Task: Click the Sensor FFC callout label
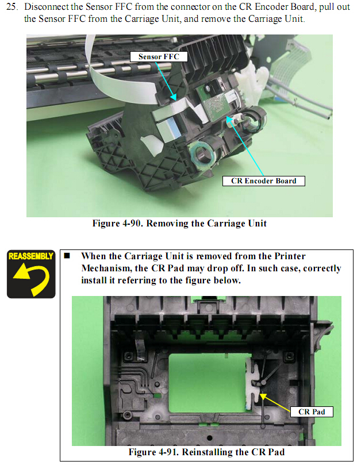tap(159, 56)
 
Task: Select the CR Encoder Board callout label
tap(264, 181)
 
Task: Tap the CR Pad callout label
tap(312, 412)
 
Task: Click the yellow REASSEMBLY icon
tap(31, 274)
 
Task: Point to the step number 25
tap(11, 6)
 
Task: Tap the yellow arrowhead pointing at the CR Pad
tap(263, 397)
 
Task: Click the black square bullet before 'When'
tap(67, 255)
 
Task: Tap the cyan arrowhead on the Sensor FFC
tap(173, 97)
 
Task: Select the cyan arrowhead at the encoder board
tap(229, 120)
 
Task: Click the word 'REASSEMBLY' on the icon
tap(31, 256)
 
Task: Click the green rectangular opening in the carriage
tap(206, 383)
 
